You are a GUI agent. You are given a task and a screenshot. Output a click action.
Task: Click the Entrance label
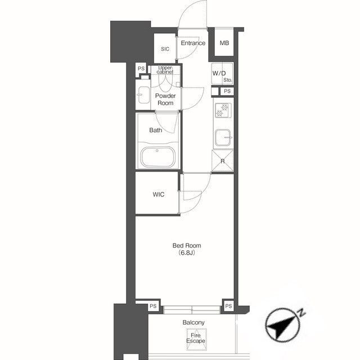click(193, 43)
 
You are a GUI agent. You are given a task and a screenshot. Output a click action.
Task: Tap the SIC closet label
click(165, 49)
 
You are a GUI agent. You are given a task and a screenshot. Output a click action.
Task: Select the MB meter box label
click(224, 43)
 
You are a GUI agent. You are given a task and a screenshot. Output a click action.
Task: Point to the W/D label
click(219, 74)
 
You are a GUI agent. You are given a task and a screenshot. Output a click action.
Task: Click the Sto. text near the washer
click(227, 80)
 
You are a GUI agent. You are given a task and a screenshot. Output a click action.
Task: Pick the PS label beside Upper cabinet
click(141, 69)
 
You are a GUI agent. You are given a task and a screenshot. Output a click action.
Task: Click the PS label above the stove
click(227, 91)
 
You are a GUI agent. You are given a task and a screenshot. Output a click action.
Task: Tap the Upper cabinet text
click(165, 70)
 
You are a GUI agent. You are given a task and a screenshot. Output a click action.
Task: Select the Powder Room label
click(165, 100)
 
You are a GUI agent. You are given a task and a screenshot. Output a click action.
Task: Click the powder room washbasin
click(143, 95)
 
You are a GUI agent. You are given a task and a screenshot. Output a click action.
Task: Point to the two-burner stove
click(223, 110)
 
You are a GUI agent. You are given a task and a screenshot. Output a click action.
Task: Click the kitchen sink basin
click(223, 137)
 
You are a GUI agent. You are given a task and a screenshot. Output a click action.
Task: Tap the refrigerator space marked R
click(223, 161)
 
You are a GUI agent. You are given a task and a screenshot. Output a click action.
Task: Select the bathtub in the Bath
click(157, 157)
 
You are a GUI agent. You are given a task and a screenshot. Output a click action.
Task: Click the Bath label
click(155, 130)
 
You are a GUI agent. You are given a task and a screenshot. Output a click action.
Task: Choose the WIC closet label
click(159, 195)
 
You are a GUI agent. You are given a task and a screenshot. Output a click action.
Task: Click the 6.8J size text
click(187, 253)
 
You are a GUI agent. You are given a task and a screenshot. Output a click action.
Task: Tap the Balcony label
click(193, 322)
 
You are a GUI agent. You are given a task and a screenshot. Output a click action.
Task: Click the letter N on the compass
click(301, 312)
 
